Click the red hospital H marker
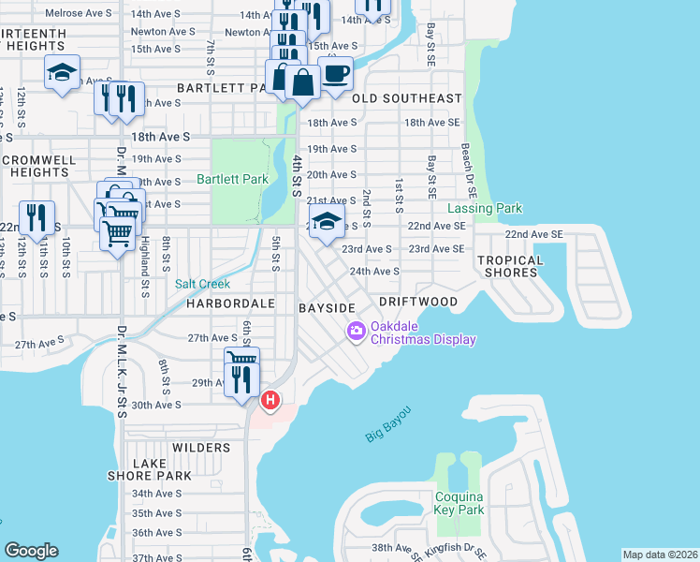[270, 400]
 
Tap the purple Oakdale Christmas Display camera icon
[356, 331]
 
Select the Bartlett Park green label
[232, 179]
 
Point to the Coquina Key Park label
[459, 503]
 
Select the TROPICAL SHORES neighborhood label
[509, 266]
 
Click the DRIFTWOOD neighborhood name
[418, 302]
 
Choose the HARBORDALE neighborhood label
[229, 303]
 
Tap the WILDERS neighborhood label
[201, 448]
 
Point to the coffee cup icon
[336, 72]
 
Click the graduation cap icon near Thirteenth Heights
[62, 71]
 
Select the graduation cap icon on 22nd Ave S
[326, 222]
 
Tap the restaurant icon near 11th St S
[36, 217]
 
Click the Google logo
[31, 551]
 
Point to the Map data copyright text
[660, 555]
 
